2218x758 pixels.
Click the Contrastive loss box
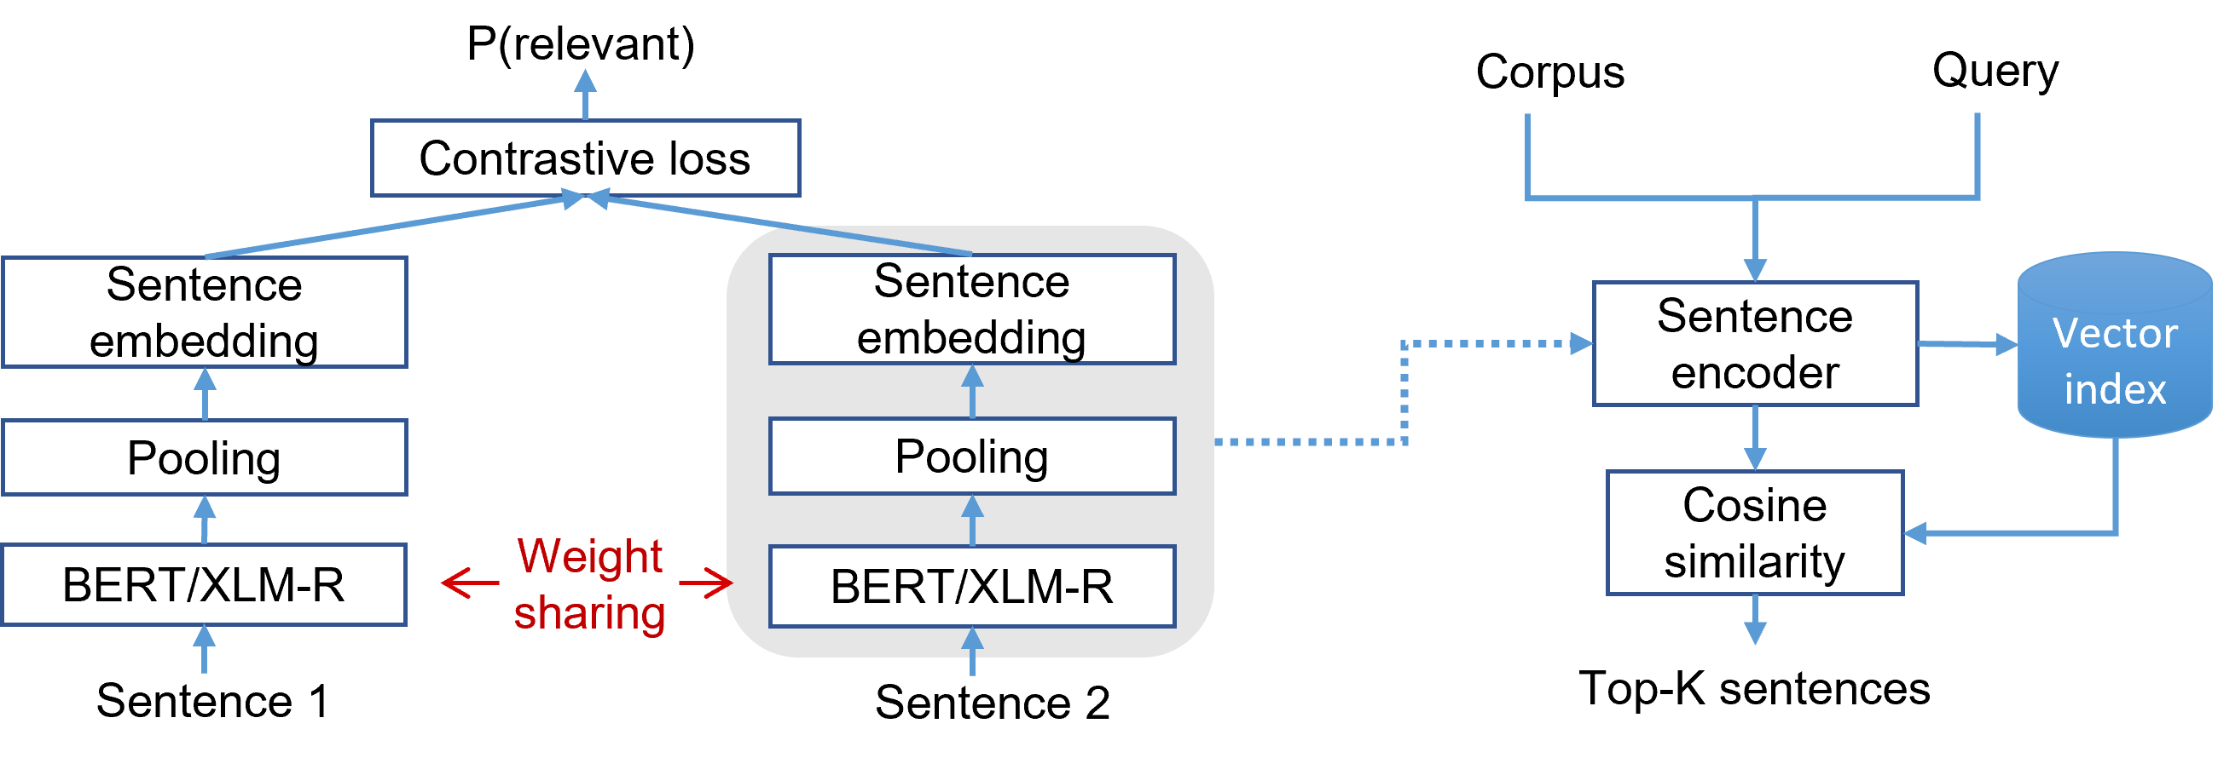point(586,158)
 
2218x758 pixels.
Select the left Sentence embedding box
point(204,313)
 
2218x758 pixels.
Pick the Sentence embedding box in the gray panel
point(971,309)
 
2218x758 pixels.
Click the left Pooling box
point(204,457)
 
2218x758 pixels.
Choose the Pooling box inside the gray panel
point(971,456)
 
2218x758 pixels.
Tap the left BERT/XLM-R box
point(204,585)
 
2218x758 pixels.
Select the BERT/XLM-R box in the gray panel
point(971,587)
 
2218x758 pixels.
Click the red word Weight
point(590,556)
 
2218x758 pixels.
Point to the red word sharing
point(590,612)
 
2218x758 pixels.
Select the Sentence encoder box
point(1755,343)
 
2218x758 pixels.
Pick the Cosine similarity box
point(1755,532)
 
